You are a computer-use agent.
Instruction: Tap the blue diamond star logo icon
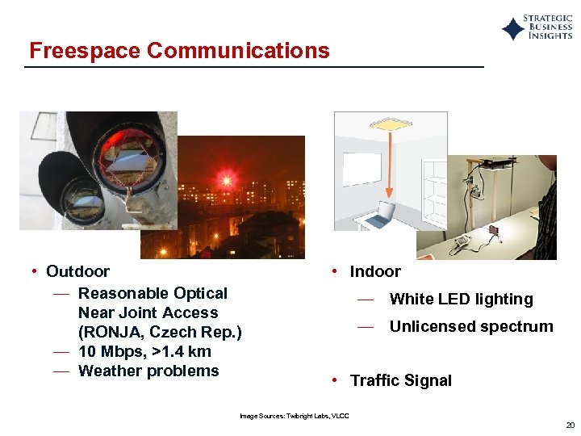[x=513, y=29]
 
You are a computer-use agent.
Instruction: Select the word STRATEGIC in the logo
[x=548, y=18]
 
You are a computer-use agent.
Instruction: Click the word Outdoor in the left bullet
[x=77, y=271]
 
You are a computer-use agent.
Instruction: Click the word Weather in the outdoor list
[x=110, y=371]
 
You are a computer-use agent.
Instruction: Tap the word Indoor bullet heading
[x=375, y=271]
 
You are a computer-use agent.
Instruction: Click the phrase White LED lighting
[x=461, y=299]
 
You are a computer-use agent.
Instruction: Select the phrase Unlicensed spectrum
[x=471, y=326]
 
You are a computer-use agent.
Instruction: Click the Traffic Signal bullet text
[x=401, y=380]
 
